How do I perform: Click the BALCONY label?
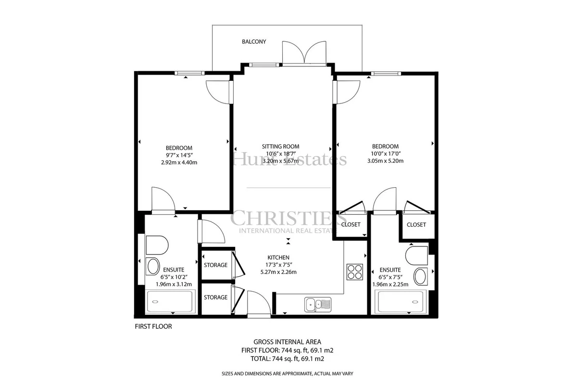point(254,41)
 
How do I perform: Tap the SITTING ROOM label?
point(280,146)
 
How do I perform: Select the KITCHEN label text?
point(278,257)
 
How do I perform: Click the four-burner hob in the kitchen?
point(355,272)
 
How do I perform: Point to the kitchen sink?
point(318,305)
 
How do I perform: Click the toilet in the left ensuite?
point(157,245)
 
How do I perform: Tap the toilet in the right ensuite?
point(416,255)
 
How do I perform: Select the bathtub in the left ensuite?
point(170,302)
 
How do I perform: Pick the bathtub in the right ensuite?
point(401,302)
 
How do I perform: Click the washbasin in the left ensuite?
point(153,267)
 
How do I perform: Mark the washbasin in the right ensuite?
point(420,277)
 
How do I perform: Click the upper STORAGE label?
point(215,265)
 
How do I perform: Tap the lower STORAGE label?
point(215,297)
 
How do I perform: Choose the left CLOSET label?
point(351,224)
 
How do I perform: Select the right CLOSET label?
point(416,225)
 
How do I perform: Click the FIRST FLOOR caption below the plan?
point(153,326)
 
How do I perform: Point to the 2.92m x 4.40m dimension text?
point(179,163)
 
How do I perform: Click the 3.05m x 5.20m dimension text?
point(385,161)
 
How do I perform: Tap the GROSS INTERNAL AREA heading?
point(287,342)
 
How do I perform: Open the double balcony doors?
point(304,53)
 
